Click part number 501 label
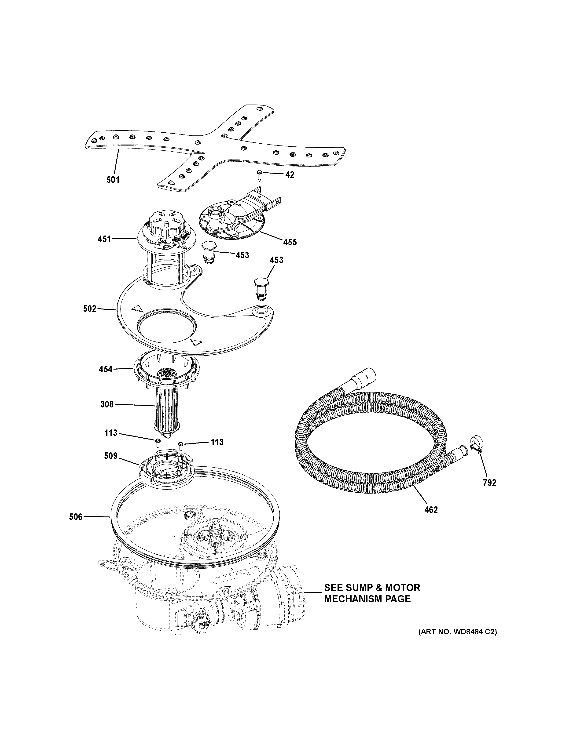point(113,180)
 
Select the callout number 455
point(290,242)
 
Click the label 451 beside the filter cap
point(104,239)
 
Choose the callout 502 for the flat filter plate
point(90,309)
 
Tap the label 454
point(106,369)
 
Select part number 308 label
point(107,404)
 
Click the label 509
point(111,456)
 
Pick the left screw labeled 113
point(158,442)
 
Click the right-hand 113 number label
point(217,443)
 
